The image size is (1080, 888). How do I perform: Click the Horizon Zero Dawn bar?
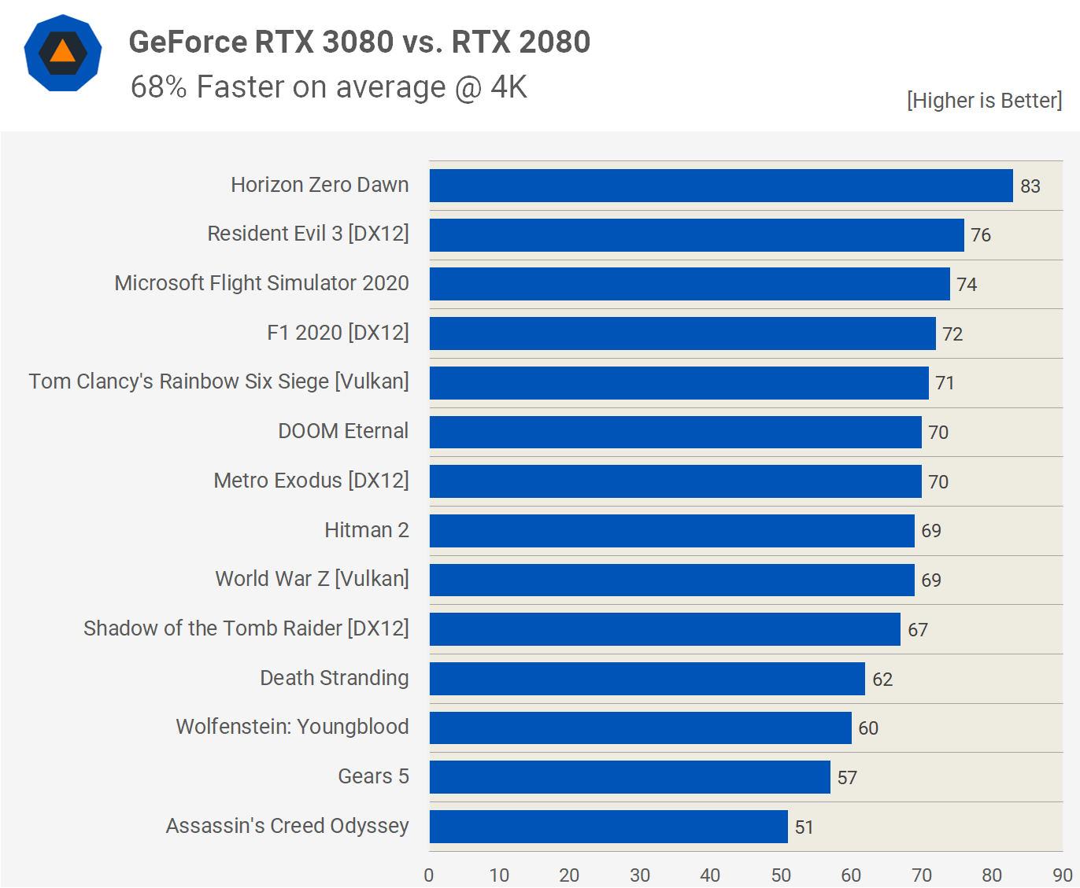click(720, 186)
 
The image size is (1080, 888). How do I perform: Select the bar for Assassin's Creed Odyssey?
click(608, 827)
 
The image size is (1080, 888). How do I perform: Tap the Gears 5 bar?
click(629, 777)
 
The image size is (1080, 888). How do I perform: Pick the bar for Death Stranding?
click(646, 679)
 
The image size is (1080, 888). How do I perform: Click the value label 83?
click(1030, 186)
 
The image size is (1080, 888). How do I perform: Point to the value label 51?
click(804, 827)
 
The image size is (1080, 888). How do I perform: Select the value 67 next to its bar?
click(917, 630)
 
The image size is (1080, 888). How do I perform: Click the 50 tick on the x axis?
click(781, 875)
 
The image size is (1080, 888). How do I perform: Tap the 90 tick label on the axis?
click(1062, 875)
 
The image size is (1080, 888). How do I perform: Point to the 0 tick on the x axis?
click(429, 875)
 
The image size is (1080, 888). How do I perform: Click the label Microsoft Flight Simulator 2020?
click(261, 283)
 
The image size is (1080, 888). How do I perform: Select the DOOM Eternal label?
click(343, 431)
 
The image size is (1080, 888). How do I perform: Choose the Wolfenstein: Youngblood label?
click(292, 727)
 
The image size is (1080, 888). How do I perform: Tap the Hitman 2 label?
click(366, 530)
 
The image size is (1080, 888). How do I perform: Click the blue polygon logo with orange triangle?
click(63, 53)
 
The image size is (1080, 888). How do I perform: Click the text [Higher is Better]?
click(984, 101)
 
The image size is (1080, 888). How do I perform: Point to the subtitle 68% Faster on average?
click(328, 87)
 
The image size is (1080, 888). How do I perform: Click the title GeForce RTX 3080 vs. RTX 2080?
click(359, 42)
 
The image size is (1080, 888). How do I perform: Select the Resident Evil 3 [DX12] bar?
click(696, 235)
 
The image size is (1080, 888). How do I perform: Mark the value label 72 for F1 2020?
click(952, 334)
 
